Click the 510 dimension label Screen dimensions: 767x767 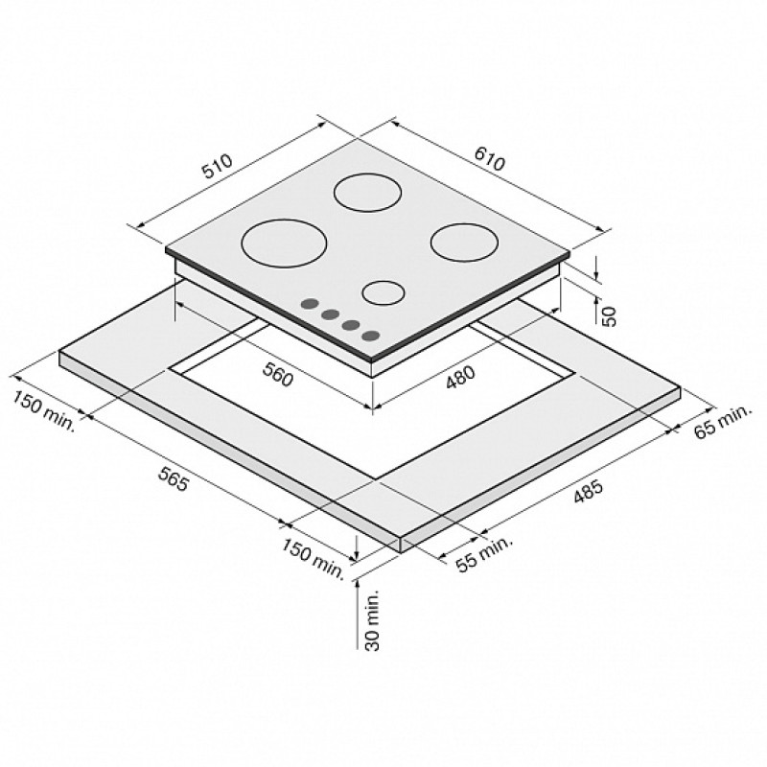(219, 166)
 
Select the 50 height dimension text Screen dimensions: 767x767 (609, 316)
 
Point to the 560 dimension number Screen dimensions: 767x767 (278, 374)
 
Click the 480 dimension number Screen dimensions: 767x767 (460, 378)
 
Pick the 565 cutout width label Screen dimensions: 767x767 (174, 478)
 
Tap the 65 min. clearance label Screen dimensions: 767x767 (722, 421)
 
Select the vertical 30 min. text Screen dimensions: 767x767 (372, 619)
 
